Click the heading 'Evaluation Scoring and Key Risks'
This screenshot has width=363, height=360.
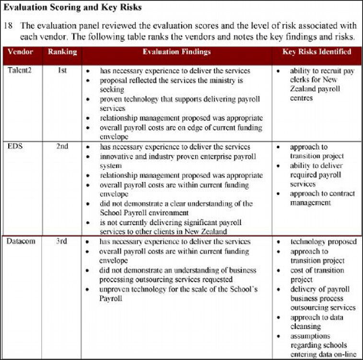pos(73,8)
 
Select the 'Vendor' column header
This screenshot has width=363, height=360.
pos(21,52)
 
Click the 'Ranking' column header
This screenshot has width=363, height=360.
pos(62,52)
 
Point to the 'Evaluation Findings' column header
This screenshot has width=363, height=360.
pos(176,52)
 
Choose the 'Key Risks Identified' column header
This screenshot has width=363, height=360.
pos(317,52)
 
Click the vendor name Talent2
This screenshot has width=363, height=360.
pos(20,71)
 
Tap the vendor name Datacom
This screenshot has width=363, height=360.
pos(21,241)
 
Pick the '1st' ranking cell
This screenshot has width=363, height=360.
pos(62,71)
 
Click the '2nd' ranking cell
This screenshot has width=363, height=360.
pos(62,146)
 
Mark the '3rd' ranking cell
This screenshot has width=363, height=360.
pos(62,241)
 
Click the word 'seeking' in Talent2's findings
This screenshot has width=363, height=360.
pos(112,89)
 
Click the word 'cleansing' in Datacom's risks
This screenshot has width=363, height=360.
pos(305,326)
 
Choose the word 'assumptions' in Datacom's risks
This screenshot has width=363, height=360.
pos(310,336)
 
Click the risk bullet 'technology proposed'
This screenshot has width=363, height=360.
pos(323,241)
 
